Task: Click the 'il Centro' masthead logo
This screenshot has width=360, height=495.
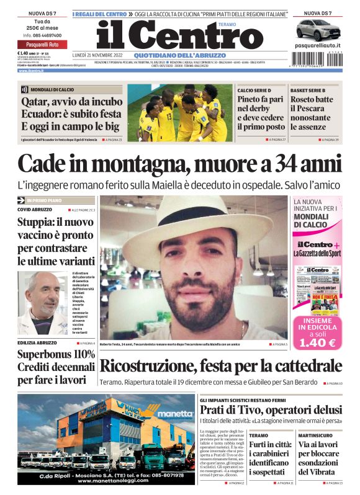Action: pos(171,35)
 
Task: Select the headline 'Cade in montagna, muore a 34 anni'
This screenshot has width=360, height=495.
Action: pos(179,164)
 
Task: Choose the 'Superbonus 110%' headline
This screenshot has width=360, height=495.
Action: pos(56,354)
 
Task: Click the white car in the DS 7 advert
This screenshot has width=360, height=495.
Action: pos(317,29)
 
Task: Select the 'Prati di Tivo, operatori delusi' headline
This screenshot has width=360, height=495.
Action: pos(271,410)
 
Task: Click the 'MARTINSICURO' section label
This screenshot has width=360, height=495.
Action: pos(314,435)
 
